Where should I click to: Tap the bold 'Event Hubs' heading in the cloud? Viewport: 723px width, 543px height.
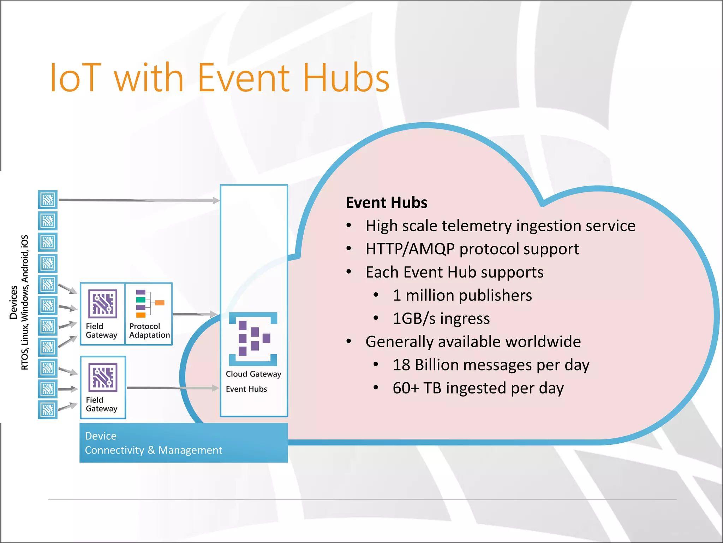click(386, 203)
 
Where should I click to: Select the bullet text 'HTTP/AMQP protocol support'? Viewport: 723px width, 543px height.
click(472, 249)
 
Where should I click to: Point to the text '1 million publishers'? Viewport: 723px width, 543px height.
click(462, 295)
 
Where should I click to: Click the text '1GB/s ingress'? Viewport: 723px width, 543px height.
click(441, 319)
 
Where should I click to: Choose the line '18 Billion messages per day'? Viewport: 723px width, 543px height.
click(491, 365)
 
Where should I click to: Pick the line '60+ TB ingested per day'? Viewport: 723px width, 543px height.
click(478, 388)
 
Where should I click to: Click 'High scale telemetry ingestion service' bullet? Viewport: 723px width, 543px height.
click(500, 226)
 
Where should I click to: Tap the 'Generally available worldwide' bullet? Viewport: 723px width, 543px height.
click(473, 342)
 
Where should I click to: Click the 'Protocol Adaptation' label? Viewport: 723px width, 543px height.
click(149, 331)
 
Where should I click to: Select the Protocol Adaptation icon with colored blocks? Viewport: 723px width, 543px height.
click(149, 303)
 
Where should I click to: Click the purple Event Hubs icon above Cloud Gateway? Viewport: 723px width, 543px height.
click(253, 339)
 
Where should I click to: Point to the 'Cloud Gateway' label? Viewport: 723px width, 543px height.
click(253, 374)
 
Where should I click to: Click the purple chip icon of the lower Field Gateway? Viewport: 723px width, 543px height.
click(103, 378)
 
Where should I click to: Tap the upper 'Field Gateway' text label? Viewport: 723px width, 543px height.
click(101, 331)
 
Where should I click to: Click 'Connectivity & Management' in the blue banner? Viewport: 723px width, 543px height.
click(153, 450)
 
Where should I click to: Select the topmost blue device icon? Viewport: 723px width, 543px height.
click(48, 200)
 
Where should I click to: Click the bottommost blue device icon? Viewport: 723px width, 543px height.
click(48, 410)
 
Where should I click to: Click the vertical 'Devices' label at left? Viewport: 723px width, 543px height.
click(13, 302)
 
